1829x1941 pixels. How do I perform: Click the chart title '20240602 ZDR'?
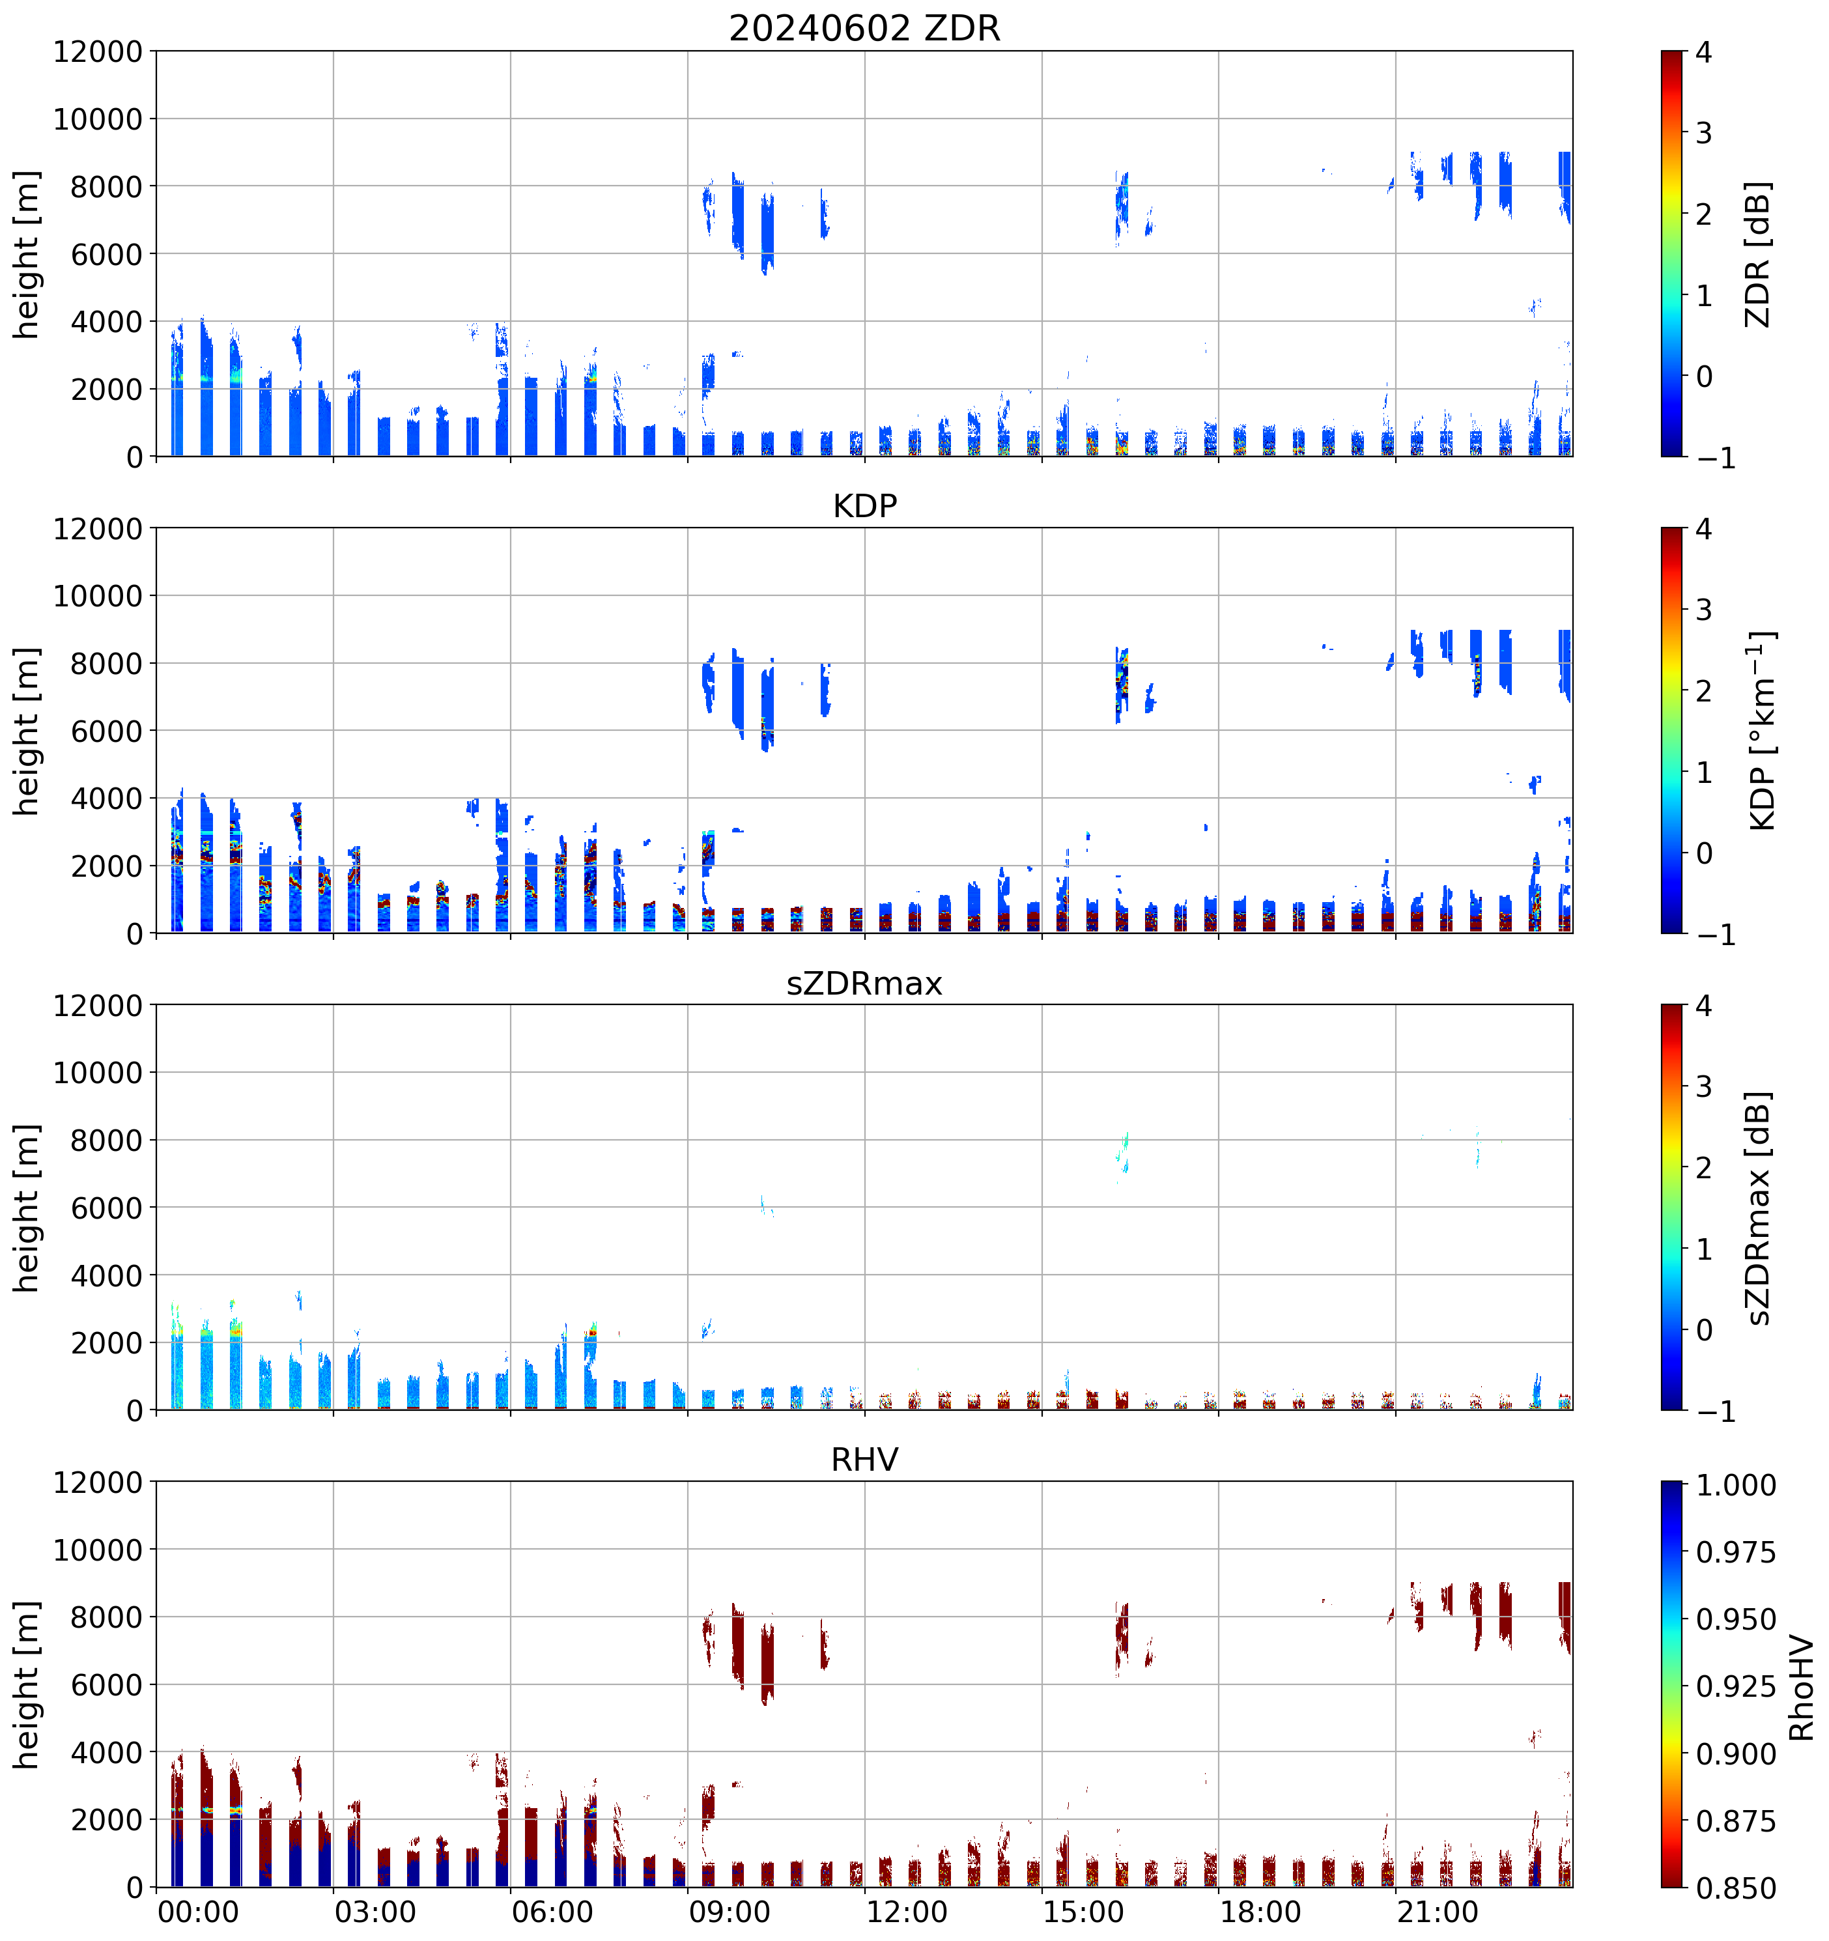(864, 28)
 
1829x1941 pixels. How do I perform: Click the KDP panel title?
(864, 505)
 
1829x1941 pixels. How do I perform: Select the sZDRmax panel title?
(864, 982)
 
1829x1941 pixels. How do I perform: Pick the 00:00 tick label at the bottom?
(198, 1911)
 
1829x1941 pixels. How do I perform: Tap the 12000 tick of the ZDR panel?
(98, 51)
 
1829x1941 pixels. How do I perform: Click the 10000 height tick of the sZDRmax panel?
(98, 1073)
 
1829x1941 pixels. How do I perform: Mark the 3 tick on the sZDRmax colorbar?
(1703, 1086)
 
